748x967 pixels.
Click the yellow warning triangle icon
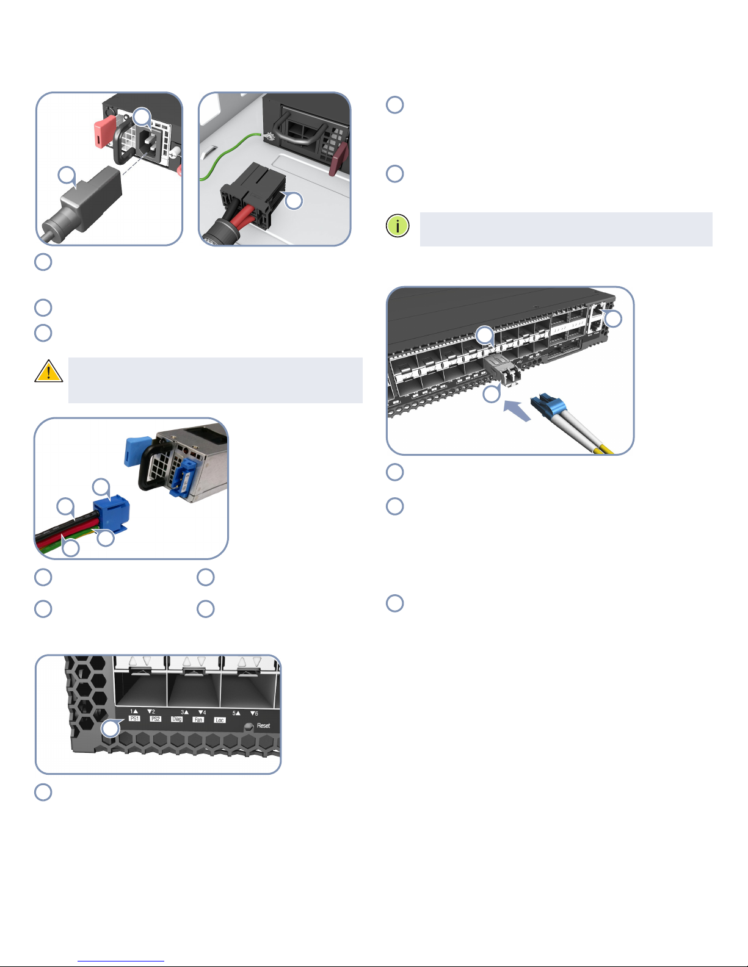(x=48, y=372)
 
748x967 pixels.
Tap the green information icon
(x=398, y=226)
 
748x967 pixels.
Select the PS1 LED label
(x=134, y=719)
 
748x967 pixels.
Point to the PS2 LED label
(x=155, y=719)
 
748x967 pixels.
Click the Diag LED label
(x=176, y=719)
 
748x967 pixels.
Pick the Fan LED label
(x=198, y=719)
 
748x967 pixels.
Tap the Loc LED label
(x=219, y=720)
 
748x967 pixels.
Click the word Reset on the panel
(x=264, y=725)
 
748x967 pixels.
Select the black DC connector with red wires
(x=252, y=192)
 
